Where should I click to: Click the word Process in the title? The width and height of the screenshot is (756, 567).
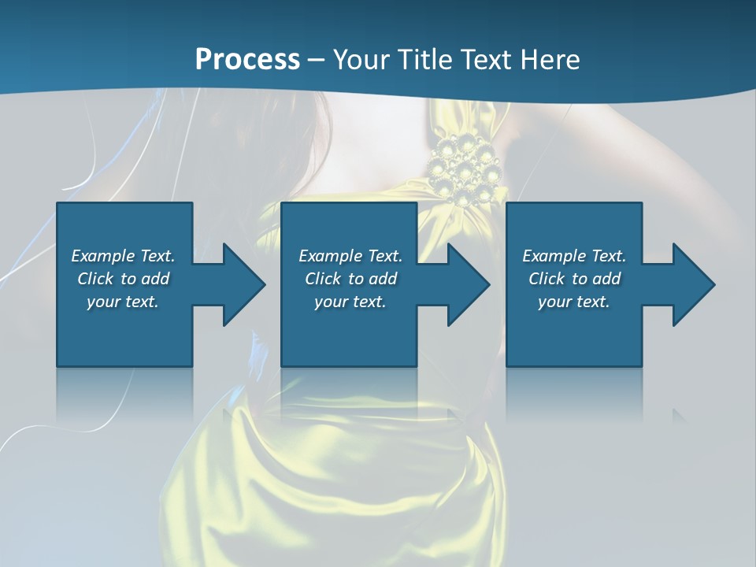click(247, 60)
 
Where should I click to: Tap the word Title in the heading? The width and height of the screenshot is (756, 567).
click(424, 60)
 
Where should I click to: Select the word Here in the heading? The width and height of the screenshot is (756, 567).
click(550, 60)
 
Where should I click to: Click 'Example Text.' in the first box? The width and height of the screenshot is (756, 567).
click(123, 256)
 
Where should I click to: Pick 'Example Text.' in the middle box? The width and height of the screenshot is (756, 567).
click(350, 256)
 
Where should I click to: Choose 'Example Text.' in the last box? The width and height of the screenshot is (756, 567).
click(574, 256)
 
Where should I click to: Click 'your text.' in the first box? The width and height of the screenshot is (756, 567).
click(123, 302)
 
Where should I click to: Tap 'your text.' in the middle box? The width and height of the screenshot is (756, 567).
click(350, 302)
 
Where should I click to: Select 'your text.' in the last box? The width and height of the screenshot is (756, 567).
click(574, 302)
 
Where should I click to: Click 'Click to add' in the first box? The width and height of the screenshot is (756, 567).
click(123, 279)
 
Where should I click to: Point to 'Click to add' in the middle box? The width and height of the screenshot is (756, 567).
click(350, 279)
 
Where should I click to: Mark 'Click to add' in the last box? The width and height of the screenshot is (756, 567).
click(574, 279)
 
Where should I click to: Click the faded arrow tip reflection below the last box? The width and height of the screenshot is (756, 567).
click(679, 414)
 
